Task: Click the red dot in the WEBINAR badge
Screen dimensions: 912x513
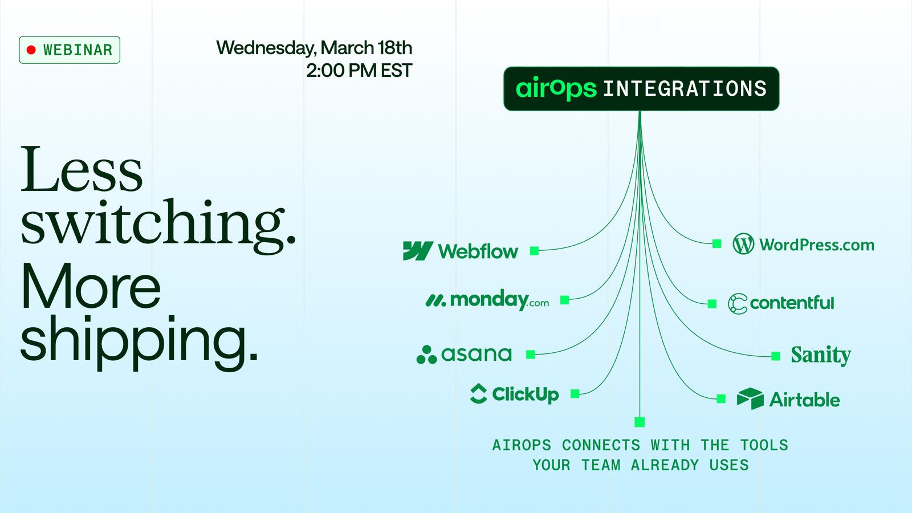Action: click(31, 50)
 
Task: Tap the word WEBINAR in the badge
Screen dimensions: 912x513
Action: click(78, 50)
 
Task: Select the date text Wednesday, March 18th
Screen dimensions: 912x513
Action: click(314, 48)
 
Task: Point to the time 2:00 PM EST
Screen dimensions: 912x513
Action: click(359, 71)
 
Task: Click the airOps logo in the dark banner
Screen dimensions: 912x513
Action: click(556, 88)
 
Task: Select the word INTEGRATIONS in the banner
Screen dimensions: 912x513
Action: click(685, 89)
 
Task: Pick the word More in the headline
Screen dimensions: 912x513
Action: click(91, 286)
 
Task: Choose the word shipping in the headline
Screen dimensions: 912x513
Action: click(139, 341)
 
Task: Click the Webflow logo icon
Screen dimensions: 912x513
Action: click(418, 251)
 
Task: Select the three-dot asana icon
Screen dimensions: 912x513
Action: click(426, 355)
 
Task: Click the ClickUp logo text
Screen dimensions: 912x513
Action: click(525, 394)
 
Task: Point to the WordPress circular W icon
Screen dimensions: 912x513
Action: click(743, 245)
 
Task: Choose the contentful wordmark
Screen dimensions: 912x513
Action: click(792, 303)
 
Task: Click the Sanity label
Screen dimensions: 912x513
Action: click(820, 356)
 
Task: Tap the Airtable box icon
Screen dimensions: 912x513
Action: click(750, 398)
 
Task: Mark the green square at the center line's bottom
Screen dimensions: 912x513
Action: click(640, 422)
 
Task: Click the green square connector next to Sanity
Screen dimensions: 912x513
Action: click(776, 356)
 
